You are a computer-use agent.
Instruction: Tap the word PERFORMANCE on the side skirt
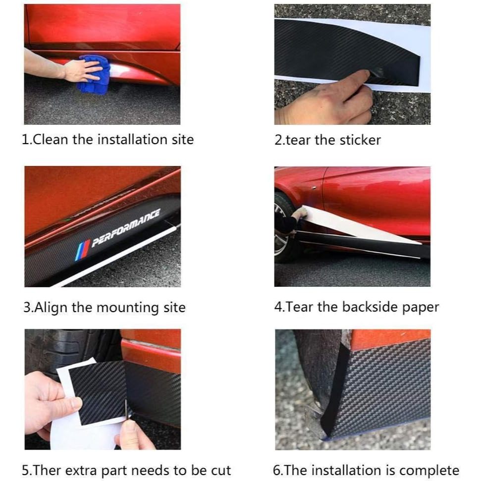tap(126, 227)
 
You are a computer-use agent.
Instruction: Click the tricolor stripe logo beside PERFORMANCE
tap(82, 250)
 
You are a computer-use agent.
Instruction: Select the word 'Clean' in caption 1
tap(50, 140)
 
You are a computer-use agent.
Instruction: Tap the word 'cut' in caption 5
tap(221, 471)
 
